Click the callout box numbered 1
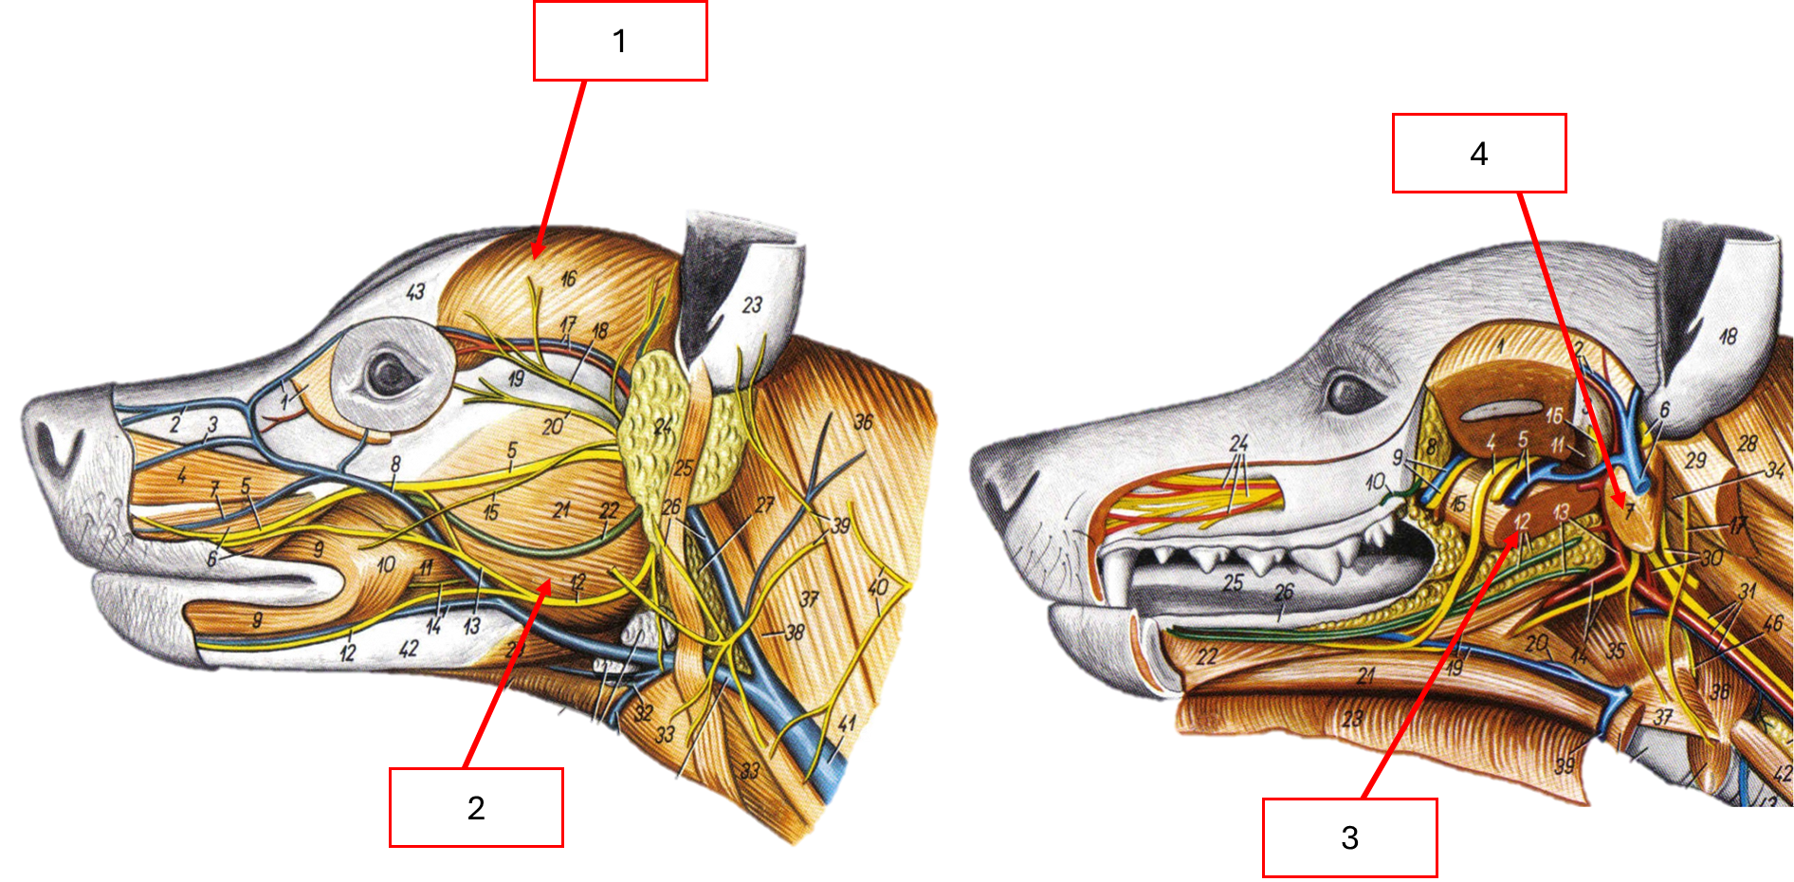coord(620,41)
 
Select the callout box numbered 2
coord(476,807)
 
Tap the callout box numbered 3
coord(1349,837)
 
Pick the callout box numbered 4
coord(1478,154)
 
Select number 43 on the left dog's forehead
coord(415,292)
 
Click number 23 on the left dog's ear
coord(752,305)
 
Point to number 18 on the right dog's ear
coord(1728,337)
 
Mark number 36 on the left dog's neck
coord(863,422)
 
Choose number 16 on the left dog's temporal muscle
coord(568,279)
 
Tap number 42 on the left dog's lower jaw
coord(409,650)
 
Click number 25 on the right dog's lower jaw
coord(1233,582)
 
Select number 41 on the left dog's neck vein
coord(847,725)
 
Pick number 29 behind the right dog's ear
coord(1695,461)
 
